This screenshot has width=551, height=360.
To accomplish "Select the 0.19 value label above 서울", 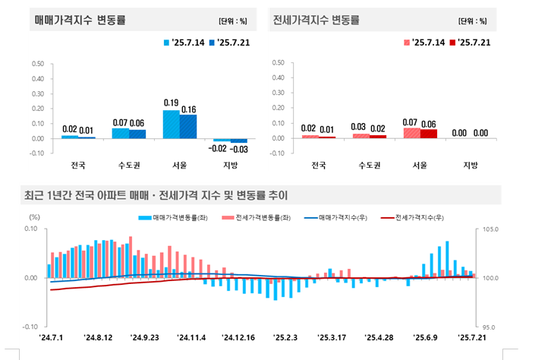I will pyautogui.click(x=171, y=103).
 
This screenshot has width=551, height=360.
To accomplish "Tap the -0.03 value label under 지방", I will pyautogui.click(x=238, y=150).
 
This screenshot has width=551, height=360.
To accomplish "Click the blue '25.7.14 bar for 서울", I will pyautogui.click(x=172, y=124).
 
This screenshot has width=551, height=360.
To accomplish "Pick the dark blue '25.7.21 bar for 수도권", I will pyautogui.click(x=137, y=134).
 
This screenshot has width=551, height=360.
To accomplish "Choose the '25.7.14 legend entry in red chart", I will pyautogui.click(x=427, y=43).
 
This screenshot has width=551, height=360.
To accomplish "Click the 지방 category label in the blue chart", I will pyautogui.click(x=230, y=165).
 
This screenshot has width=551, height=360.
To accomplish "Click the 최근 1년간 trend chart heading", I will pyautogui.click(x=159, y=195).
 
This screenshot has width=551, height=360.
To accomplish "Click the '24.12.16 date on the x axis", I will pyautogui.click(x=239, y=336).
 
